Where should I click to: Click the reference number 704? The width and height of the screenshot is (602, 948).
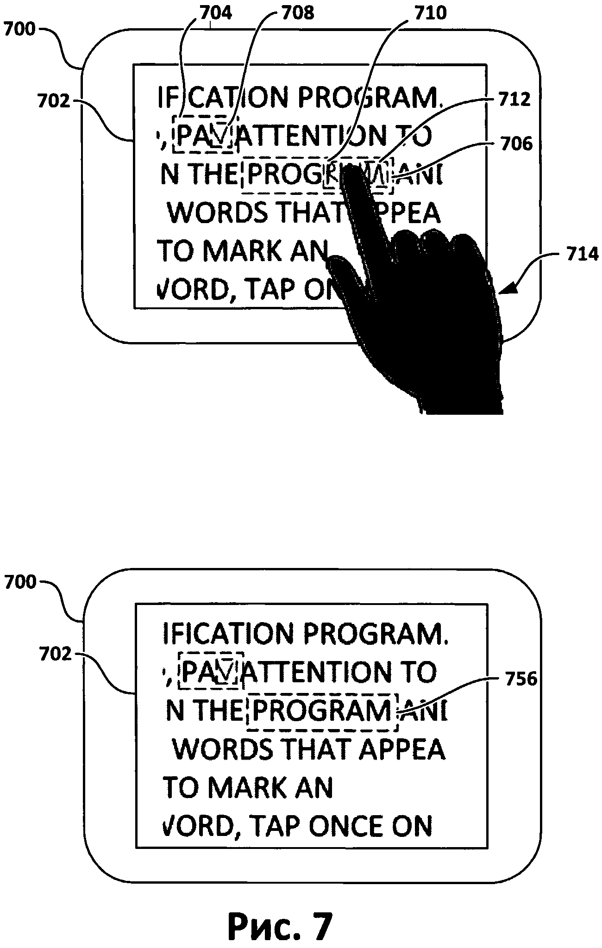click(215, 13)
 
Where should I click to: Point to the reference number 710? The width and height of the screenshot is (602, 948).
click(430, 13)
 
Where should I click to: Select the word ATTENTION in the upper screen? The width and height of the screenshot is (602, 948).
click(315, 136)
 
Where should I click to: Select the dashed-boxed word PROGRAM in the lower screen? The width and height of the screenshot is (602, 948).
click(322, 711)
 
